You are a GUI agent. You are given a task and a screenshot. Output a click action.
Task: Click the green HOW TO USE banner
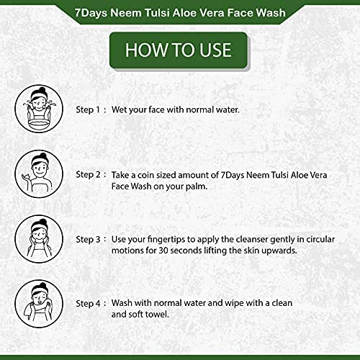pyautogui.click(x=179, y=49)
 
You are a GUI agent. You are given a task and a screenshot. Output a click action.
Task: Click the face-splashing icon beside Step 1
pyautogui.click(x=36, y=109)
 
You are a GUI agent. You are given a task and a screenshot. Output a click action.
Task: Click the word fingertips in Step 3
pyautogui.click(x=170, y=238)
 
